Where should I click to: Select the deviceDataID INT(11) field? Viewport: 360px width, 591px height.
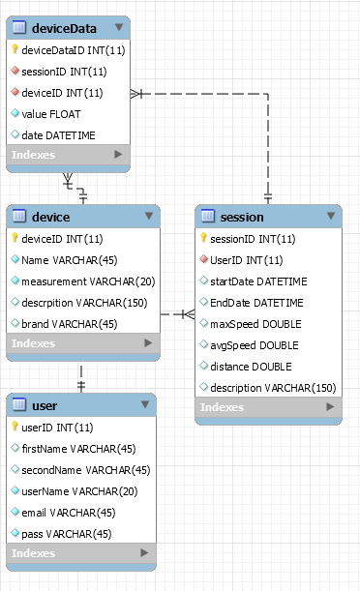tap(73, 49)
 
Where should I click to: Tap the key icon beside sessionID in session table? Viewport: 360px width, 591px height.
tap(203, 239)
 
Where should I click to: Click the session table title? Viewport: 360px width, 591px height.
tap(242, 217)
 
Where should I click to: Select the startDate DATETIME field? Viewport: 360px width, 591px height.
tap(258, 281)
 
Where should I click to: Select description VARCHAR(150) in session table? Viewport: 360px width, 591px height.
tap(273, 388)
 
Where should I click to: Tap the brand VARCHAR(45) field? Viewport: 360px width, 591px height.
tap(69, 323)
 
